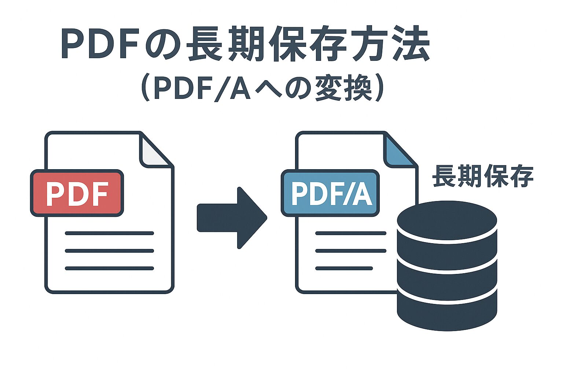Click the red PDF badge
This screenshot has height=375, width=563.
tap(77, 193)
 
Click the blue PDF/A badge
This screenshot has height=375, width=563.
tap(330, 193)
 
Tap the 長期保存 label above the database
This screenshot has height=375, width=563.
tap(483, 176)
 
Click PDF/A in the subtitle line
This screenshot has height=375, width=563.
tap(202, 89)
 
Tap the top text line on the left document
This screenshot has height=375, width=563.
tap(109, 233)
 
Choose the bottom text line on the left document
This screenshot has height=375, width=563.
tap(109, 268)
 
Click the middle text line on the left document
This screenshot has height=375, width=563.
tap(109, 251)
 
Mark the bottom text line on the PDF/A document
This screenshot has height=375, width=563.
tap(344, 268)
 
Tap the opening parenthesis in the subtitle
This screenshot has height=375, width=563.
tap(145, 89)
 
